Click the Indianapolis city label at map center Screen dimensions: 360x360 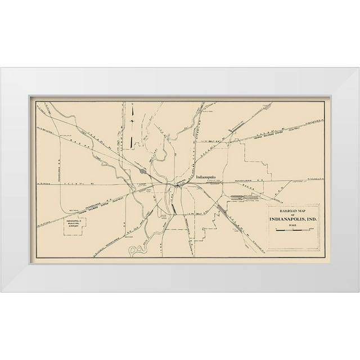[x=209, y=176]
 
